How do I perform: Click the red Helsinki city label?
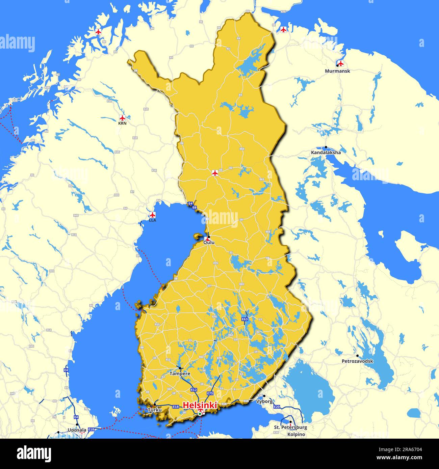(x=200, y=405)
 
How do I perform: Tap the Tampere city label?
(x=180, y=374)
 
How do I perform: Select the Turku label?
(x=154, y=410)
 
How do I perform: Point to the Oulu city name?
(x=209, y=242)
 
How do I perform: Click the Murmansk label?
(x=337, y=71)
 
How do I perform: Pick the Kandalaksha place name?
(x=326, y=153)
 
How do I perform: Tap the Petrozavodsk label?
(x=357, y=361)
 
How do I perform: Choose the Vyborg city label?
(x=264, y=402)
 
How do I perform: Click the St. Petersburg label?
(x=290, y=427)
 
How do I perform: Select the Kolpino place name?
(x=296, y=434)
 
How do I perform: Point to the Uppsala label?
(x=77, y=430)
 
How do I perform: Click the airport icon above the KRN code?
(x=122, y=118)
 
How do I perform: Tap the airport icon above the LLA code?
(x=153, y=215)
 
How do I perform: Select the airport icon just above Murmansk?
(x=341, y=63)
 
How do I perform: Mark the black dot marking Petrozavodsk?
(x=357, y=356)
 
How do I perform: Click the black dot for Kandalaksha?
(x=326, y=147)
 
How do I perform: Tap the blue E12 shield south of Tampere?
(x=194, y=390)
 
